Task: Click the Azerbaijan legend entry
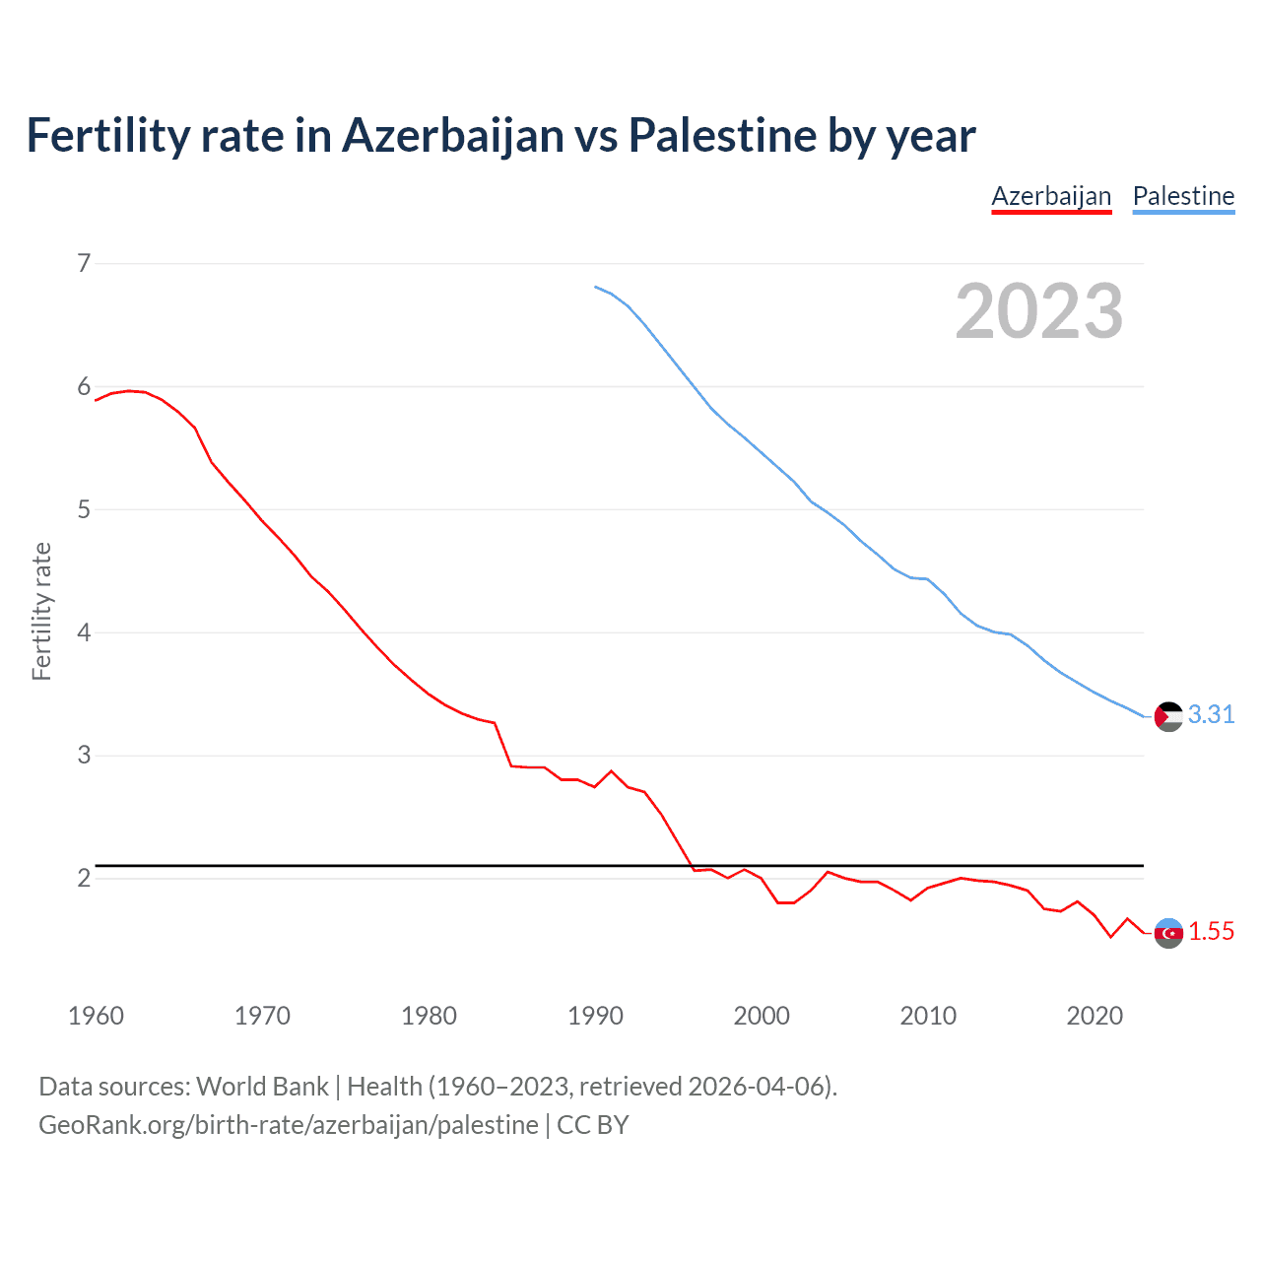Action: (x=1051, y=196)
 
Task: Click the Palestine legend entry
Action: (x=1183, y=196)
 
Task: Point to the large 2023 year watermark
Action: (x=1038, y=311)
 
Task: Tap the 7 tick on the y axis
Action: (x=84, y=263)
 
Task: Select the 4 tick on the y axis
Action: (x=84, y=632)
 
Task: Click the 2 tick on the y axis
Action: (x=84, y=878)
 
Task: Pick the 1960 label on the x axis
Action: (x=96, y=1016)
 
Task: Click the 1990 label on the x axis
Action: (x=595, y=1016)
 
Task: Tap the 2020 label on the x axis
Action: (x=1095, y=1016)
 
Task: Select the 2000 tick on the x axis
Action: (x=762, y=1016)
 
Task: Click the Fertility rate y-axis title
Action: (x=41, y=611)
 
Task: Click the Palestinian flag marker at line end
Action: (x=1168, y=716)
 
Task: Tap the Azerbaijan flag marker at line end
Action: (x=1168, y=933)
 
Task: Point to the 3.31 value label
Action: (x=1211, y=715)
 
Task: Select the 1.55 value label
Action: (x=1211, y=932)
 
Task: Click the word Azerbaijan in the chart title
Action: (x=453, y=135)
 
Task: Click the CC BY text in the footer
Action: (x=592, y=1125)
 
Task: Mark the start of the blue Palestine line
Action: (x=595, y=287)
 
